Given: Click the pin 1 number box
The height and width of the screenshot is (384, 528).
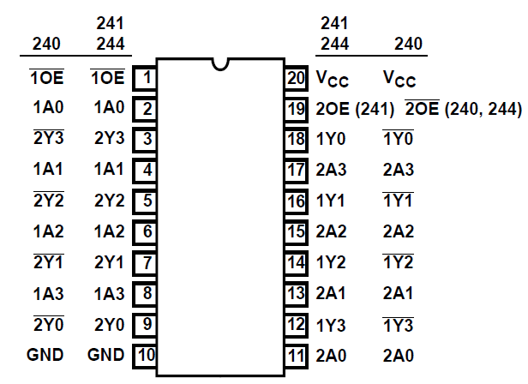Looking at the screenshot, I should [x=146, y=79].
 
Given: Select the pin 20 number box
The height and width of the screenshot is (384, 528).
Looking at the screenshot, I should [x=296, y=79].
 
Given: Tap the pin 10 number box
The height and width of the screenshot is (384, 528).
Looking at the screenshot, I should [x=145, y=355].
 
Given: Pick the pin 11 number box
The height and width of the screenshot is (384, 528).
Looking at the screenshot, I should [x=296, y=355].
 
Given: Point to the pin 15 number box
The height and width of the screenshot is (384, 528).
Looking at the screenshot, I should [x=296, y=231].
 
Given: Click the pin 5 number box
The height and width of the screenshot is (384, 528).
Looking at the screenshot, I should [x=146, y=201].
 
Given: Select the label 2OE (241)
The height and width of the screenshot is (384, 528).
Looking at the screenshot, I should [x=355, y=110].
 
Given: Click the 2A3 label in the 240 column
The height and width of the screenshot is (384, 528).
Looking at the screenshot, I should [x=399, y=171].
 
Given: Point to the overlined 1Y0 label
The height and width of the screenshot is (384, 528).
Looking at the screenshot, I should [x=399, y=140].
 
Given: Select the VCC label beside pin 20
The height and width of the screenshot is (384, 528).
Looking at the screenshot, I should [x=333, y=80].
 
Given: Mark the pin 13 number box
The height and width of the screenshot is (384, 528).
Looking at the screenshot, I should [x=296, y=293].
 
